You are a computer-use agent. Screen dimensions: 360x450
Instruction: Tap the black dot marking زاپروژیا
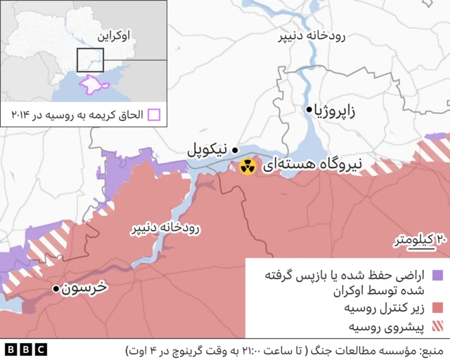tap(309, 109)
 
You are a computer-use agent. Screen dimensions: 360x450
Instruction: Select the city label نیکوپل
tap(207, 150)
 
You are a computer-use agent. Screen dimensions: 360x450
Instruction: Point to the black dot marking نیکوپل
tap(235, 150)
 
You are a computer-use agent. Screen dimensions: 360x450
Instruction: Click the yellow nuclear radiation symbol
tap(247, 167)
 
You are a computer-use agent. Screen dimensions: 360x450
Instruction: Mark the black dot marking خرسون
tap(56, 289)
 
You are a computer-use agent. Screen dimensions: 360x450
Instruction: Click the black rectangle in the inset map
tap(90, 60)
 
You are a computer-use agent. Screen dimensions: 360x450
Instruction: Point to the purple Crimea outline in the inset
tap(92, 84)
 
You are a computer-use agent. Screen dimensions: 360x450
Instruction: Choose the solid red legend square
tap(437, 307)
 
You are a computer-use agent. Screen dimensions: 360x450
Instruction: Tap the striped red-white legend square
tap(437, 326)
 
